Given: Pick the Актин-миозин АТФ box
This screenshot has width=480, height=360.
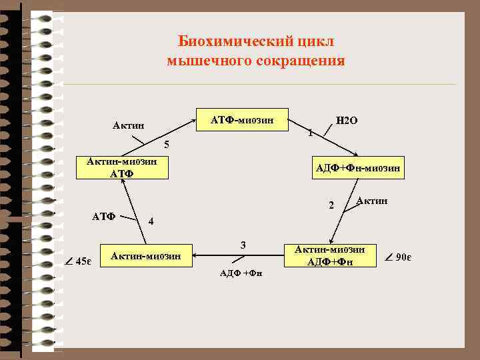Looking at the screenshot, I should [x=121, y=168].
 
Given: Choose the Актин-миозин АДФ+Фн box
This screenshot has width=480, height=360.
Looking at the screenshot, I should [x=330, y=255].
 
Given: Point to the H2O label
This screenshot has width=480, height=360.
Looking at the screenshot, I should [x=347, y=121].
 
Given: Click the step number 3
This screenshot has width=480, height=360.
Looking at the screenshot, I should [x=243, y=245].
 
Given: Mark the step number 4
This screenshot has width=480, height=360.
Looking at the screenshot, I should [x=151, y=221].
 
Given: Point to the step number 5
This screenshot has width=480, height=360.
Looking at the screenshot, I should [x=167, y=145].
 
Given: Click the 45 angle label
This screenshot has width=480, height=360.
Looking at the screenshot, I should [x=81, y=260].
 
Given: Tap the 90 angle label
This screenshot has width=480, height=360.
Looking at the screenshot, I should [x=399, y=257].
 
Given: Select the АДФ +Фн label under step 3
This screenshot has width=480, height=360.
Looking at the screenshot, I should [x=241, y=273].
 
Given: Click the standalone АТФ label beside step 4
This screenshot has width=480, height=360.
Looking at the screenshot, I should [x=104, y=216].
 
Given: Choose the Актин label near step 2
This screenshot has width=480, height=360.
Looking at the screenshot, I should [x=372, y=200].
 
